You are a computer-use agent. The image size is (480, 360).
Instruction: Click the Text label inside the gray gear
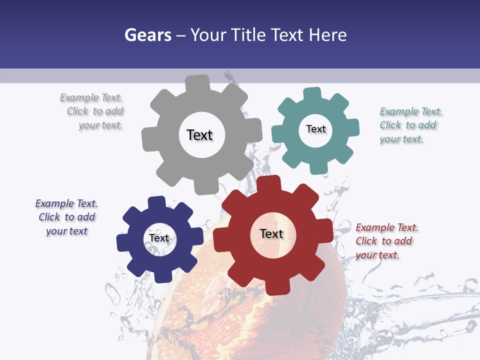point(199,135)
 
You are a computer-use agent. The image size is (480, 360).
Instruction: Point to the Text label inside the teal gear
point(316,129)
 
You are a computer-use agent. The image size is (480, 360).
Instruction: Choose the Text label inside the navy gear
point(159,238)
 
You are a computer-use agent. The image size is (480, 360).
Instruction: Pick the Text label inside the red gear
point(271,233)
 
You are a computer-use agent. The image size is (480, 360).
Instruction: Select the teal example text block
point(410,125)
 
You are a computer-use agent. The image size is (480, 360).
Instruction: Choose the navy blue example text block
point(66,217)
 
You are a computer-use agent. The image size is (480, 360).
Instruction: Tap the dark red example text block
point(386,241)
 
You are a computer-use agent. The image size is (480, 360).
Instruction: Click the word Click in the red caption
point(366,241)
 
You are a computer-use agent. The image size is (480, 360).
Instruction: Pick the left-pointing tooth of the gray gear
point(149,139)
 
